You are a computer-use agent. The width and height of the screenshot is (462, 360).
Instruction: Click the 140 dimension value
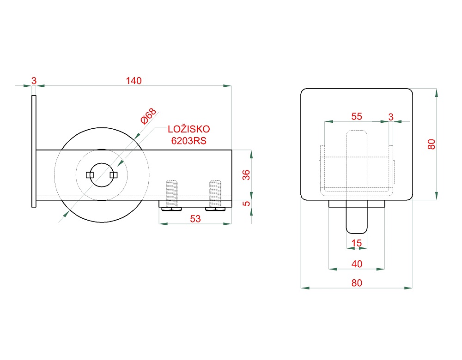coord(134,81)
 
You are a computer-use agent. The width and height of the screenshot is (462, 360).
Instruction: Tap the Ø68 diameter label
coord(148,116)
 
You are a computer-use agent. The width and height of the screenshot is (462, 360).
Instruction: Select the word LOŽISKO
coord(189,129)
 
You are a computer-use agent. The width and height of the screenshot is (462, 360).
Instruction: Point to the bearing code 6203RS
coord(189,141)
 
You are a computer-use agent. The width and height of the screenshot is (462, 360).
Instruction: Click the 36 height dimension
coord(246,175)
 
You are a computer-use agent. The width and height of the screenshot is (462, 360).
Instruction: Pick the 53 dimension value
coord(195,219)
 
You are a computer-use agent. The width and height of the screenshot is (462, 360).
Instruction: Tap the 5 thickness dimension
coord(246,204)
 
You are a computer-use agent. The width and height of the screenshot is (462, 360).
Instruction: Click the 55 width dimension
coord(357,116)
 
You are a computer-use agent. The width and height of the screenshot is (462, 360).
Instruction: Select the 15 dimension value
coord(357,243)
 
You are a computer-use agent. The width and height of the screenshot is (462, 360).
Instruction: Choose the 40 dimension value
coord(357,264)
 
